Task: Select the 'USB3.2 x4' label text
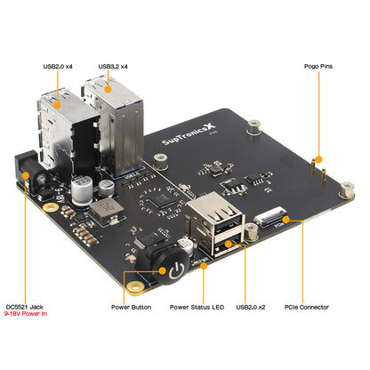coord(114,66)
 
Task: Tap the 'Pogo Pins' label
coord(318,66)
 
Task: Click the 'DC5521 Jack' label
coord(24,307)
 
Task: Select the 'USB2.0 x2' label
coord(251,307)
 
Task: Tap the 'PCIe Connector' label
coord(307,307)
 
